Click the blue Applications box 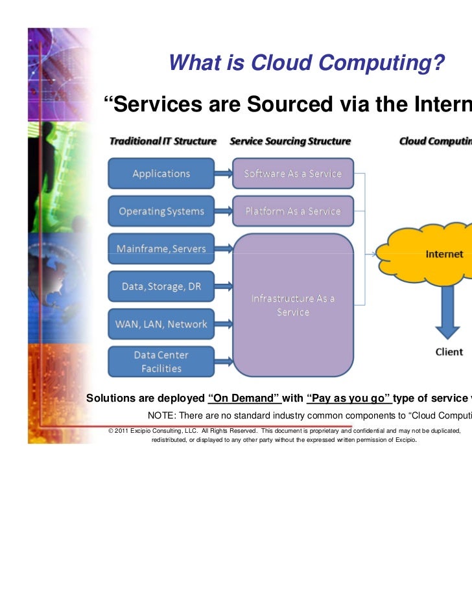point(161,174)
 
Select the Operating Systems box point(161,211)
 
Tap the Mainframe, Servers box point(161,249)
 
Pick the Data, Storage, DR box point(161,286)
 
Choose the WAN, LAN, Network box point(161,324)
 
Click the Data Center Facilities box point(161,362)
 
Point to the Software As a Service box point(292,174)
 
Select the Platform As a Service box point(292,211)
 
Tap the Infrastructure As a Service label point(293,305)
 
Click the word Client point(449,352)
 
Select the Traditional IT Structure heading point(162,141)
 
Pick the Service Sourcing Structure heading point(290,141)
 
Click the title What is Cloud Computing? point(306,63)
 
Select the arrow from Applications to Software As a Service point(223,174)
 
